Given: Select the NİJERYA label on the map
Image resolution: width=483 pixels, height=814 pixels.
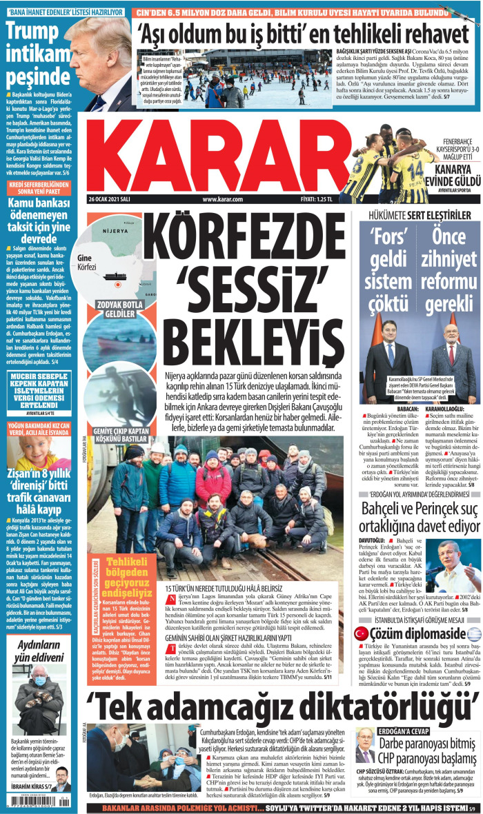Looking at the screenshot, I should click(115, 250).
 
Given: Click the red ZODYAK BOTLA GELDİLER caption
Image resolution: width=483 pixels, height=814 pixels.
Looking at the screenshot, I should click(116, 309).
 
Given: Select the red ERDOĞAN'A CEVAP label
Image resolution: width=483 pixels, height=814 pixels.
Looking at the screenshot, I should click(385, 731).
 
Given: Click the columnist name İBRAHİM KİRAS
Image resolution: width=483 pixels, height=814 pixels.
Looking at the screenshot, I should click(28, 786).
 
